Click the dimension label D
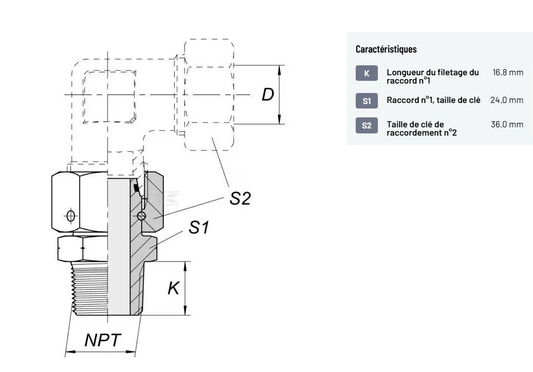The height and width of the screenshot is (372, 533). [x=268, y=95]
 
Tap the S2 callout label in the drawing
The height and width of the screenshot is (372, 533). [x=240, y=198]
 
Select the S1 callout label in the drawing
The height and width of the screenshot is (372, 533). [x=199, y=226]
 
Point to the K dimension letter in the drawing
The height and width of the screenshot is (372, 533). [x=173, y=288]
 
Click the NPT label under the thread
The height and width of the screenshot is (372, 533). [x=102, y=340]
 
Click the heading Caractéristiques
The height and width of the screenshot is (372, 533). [x=386, y=49]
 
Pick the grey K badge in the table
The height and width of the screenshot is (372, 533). [x=366, y=73]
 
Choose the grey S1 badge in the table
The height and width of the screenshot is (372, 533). [x=366, y=100]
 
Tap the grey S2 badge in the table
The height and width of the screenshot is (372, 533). [x=366, y=125]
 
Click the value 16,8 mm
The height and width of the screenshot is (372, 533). [x=508, y=73]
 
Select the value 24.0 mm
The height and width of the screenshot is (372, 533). [x=506, y=100]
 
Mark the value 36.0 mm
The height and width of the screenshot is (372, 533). [x=506, y=125]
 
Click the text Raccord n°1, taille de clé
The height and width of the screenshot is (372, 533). [x=434, y=100]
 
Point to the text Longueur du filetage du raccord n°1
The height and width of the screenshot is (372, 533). [x=433, y=76]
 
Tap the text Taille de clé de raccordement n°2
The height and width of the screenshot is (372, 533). [x=422, y=128]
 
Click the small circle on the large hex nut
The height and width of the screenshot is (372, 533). [x=70, y=215]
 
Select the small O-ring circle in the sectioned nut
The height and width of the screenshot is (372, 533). [x=142, y=216]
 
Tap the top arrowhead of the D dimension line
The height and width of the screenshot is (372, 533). [x=280, y=69]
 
